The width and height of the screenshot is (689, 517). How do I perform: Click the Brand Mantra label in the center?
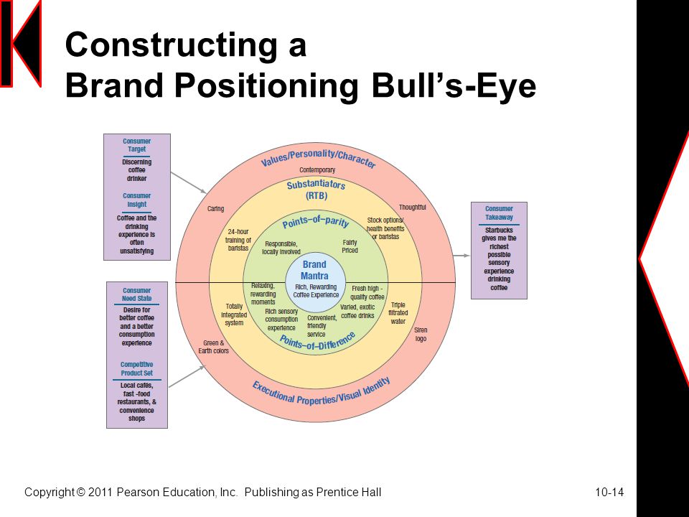314,270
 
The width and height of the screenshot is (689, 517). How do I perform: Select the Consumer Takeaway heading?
499,213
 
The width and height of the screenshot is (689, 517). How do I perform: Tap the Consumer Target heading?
136,145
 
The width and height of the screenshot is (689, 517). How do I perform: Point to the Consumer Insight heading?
136,200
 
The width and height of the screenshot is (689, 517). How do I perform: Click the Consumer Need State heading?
136,294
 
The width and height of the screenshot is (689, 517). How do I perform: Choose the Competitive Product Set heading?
136,369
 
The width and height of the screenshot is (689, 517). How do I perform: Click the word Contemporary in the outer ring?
317,169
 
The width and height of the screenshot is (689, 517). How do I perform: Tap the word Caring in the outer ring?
215,208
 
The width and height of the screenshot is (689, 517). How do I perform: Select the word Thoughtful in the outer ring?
412,207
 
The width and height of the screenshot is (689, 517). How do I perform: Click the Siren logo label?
421,334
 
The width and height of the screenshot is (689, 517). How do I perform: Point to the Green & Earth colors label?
214,346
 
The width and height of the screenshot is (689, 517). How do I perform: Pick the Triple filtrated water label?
398,313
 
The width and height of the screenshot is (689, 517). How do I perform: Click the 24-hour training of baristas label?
238,240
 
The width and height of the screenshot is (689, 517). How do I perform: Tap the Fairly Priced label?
350,246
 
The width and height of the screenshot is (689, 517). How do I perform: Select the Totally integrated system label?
234,315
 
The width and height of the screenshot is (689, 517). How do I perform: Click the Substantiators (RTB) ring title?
317,190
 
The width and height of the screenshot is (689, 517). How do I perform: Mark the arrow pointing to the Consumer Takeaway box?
462,256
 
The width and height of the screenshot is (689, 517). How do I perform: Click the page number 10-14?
609,493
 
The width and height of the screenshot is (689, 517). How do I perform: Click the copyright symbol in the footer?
80,492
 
